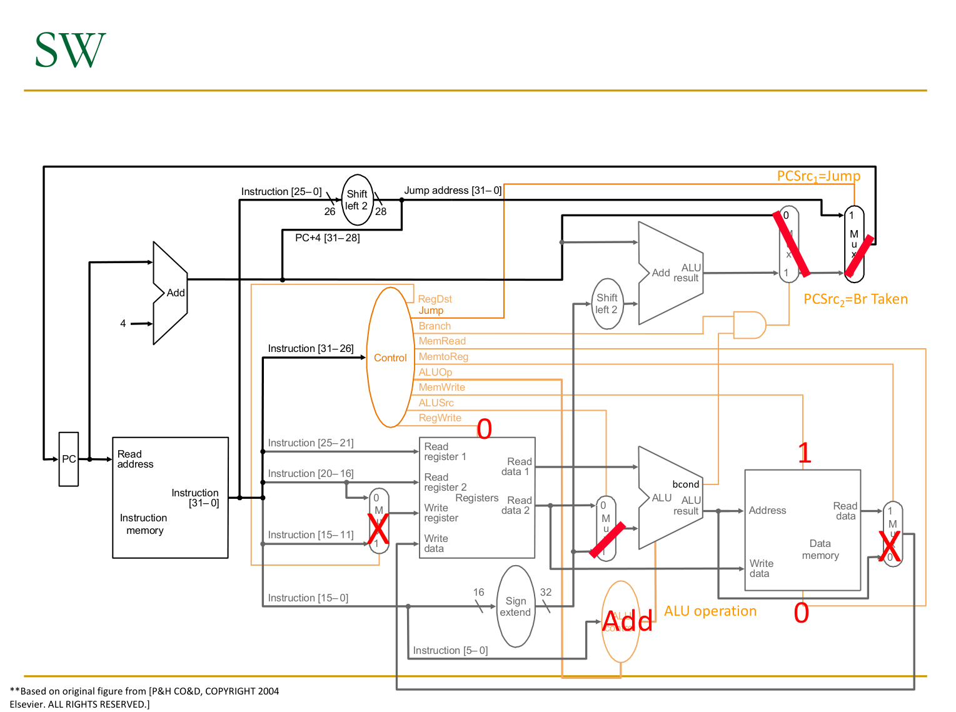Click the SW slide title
70,50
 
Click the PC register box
69,459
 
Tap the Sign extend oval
515,606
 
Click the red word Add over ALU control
627,621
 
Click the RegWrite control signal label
440,418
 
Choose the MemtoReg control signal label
443,357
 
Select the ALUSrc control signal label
436,403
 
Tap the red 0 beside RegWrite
485,429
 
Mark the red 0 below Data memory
801,613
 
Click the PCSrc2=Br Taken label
855,299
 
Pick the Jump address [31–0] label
453,191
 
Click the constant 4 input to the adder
123,323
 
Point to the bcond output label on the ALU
685,484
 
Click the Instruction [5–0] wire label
450,651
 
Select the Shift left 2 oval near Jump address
357,200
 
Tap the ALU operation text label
710,611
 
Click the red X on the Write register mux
378,529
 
